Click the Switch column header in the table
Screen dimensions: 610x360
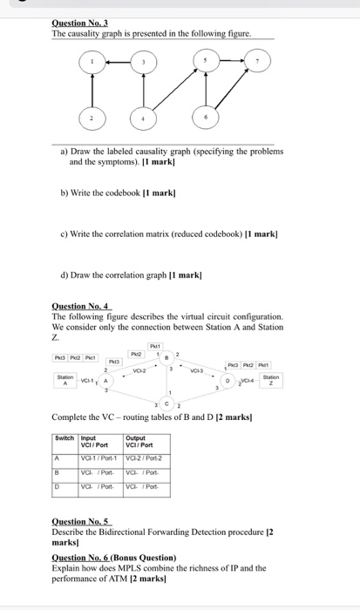tap(65, 437)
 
